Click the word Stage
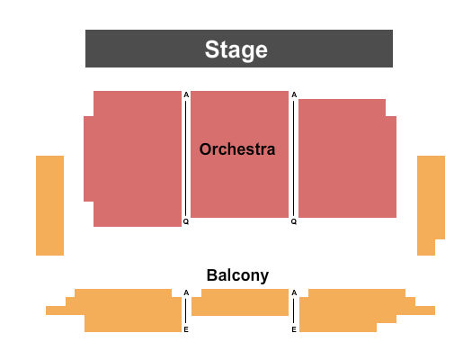(236, 49)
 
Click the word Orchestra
(237, 149)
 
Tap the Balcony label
(237, 275)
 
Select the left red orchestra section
(133, 158)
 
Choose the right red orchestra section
(347, 158)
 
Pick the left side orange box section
(50, 205)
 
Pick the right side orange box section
(431, 205)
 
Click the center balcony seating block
(240, 302)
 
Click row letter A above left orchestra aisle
(186, 94)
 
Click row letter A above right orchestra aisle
(294, 94)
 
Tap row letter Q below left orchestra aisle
(186, 221)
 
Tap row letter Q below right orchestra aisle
(294, 221)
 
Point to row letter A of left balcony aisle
(186, 292)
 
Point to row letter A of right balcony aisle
(294, 292)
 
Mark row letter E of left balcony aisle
(186, 329)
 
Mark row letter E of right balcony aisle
(294, 329)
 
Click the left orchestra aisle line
(186, 158)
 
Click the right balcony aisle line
(294, 310)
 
